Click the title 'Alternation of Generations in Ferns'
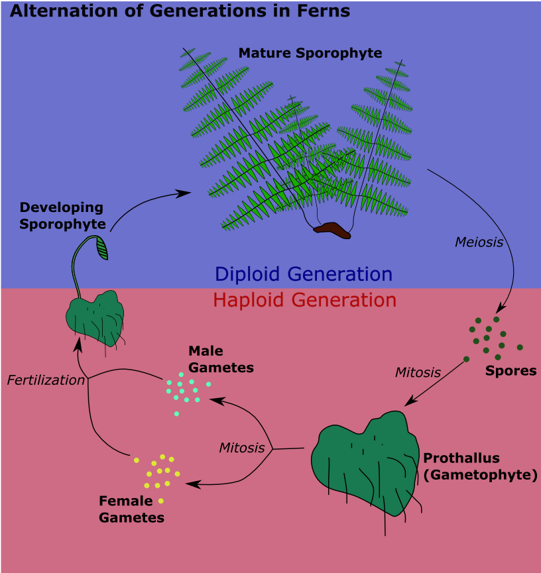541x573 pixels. (x=180, y=11)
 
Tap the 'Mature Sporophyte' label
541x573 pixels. (x=310, y=53)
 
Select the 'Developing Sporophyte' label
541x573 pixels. (x=62, y=216)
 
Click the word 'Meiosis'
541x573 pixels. (x=479, y=242)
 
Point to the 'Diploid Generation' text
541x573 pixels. (x=304, y=274)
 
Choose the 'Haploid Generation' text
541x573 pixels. (x=304, y=300)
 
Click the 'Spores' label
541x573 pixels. (x=511, y=371)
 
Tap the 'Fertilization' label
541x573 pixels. (x=46, y=380)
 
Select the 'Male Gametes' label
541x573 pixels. (x=221, y=359)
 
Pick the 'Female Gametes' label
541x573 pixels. (x=131, y=509)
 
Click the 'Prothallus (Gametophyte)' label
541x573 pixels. (x=480, y=466)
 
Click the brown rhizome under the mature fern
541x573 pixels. (x=332, y=230)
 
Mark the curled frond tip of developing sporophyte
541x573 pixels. (x=103, y=248)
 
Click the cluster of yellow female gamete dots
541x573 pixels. (x=159, y=472)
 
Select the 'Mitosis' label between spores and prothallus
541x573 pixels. (x=418, y=372)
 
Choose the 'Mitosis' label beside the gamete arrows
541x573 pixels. (x=241, y=448)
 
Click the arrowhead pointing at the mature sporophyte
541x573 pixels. (x=186, y=193)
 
